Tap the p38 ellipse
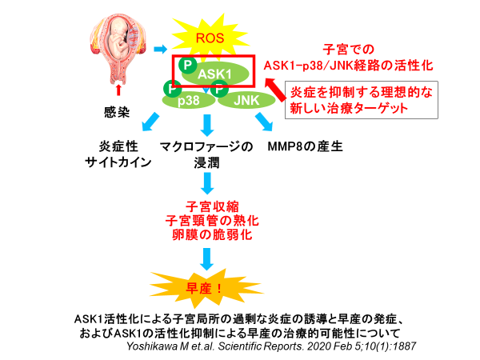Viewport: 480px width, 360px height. click(x=189, y=100)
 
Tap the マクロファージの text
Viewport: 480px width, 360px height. click(x=206, y=147)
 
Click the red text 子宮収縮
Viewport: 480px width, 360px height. click(x=207, y=205)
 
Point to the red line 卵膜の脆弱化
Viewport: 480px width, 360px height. click(x=207, y=235)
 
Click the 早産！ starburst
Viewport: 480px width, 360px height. click(x=207, y=286)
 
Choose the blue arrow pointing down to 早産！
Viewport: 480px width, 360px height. click(x=207, y=258)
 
